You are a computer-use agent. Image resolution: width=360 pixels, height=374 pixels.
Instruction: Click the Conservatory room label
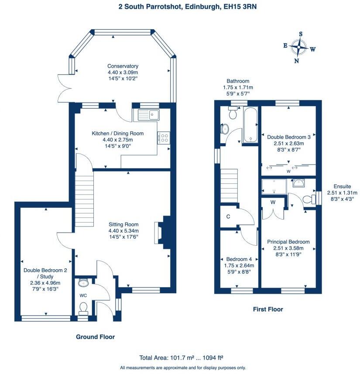[x=123, y=66]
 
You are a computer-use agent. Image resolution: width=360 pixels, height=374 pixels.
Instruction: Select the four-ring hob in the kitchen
[x=164, y=137]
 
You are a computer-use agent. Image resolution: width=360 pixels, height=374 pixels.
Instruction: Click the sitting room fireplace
[x=162, y=233]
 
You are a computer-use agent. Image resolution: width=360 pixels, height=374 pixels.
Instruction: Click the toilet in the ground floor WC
[x=83, y=308]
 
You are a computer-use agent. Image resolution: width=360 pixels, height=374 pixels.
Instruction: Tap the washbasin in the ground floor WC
[x=83, y=282]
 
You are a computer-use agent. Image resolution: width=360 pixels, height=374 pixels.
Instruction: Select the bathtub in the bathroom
[x=250, y=124]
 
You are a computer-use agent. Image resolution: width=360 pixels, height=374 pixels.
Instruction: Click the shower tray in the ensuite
[x=274, y=186]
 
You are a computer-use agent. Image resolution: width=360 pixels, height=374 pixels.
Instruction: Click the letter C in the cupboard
[x=228, y=216]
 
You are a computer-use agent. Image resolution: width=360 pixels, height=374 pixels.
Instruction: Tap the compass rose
[x=298, y=47]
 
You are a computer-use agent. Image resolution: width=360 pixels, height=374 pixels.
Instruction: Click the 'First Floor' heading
[x=268, y=309]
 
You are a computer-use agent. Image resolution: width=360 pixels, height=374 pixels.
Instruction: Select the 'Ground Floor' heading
[x=96, y=337]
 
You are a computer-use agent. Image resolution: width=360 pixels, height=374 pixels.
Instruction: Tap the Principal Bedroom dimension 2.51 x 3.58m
[x=288, y=248]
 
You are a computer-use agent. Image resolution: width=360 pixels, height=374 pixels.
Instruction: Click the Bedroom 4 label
[x=239, y=259]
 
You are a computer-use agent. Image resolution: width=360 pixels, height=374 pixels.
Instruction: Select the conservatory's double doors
[x=65, y=88]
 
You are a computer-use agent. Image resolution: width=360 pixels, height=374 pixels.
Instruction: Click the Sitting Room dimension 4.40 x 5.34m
[x=123, y=231]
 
